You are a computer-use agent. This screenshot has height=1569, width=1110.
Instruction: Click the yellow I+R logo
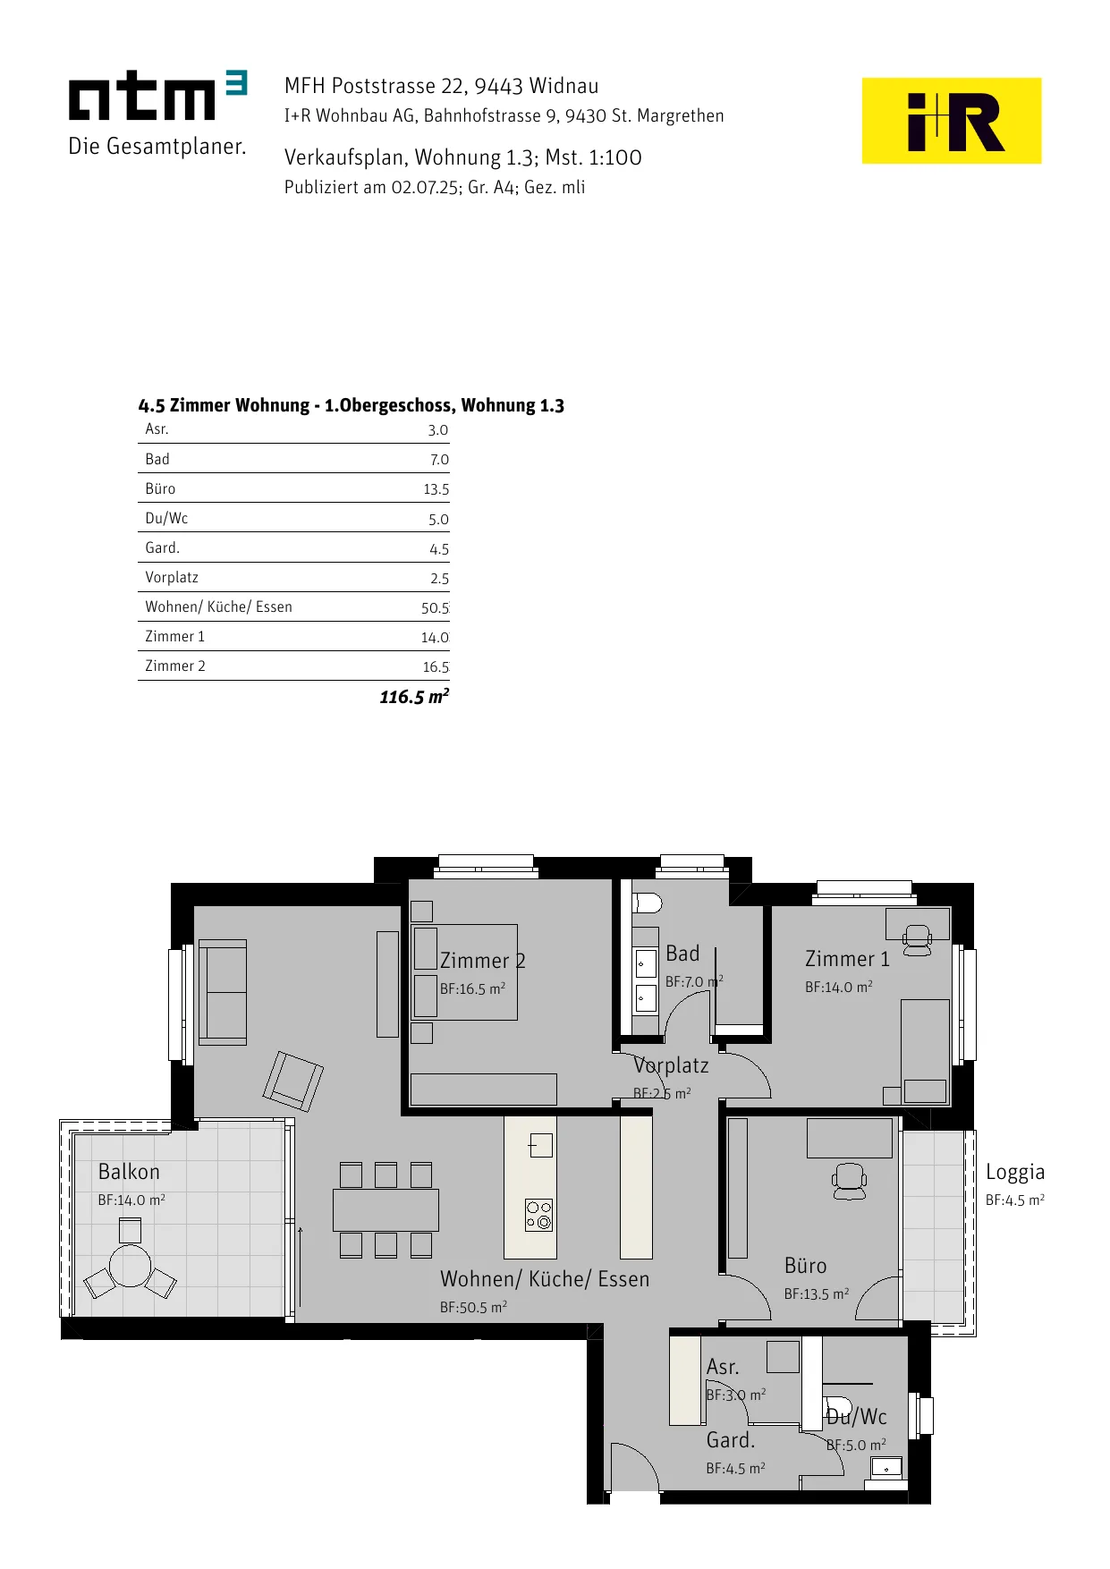tap(951, 121)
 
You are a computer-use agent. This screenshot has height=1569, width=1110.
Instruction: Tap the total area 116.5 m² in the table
tap(414, 696)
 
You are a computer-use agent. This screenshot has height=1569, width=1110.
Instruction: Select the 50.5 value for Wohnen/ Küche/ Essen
tap(436, 608)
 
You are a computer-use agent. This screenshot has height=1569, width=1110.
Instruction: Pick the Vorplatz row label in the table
tap(172, 577)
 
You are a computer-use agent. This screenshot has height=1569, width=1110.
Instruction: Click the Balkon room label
tap(129, 1172)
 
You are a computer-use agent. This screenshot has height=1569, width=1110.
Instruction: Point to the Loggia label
tap(1015, 1173)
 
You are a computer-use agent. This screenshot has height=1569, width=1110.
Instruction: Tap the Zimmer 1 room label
tap(847, 959)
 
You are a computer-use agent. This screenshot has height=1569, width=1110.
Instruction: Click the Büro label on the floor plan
tap(805, 1266)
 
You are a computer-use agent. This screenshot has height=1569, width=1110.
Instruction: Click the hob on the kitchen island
tap(538, 1215)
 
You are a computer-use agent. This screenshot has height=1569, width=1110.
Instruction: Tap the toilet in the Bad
tap(647, 903)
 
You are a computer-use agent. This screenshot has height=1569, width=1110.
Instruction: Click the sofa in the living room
tap(222, 992)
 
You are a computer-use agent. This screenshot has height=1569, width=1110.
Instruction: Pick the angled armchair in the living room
tap(292, 1081)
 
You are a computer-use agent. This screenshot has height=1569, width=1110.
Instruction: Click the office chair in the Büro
tap(849, 1181)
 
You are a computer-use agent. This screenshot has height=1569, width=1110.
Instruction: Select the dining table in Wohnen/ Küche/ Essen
tap(386, 1210)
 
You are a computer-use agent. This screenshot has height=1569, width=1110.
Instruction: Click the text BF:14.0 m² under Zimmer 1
tap(839, 987)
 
